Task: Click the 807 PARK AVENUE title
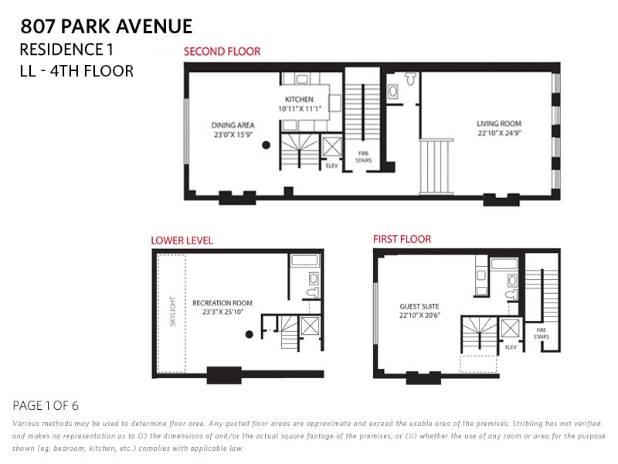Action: tap(107, 26)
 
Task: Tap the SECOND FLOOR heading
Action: tap(222, 52)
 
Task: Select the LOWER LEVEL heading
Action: tap(182, 241)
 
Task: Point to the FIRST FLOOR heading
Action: tap(402, 239)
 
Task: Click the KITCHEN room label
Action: tap(299, 100)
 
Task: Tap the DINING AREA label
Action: tap(233, 125)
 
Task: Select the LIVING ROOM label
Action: tap(499, 124)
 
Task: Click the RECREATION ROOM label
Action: tap(222, 302)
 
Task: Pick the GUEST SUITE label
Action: tap(419, 305)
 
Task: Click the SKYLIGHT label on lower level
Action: tap(172, 312)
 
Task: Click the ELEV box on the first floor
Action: tap(510, 328)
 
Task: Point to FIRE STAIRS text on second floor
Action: tap(363, 157)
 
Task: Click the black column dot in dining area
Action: tap(266, 145)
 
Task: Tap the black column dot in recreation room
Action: tap(250, 334)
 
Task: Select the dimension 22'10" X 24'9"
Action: tap(499, 132)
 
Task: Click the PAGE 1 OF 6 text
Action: tap(46, 405)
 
